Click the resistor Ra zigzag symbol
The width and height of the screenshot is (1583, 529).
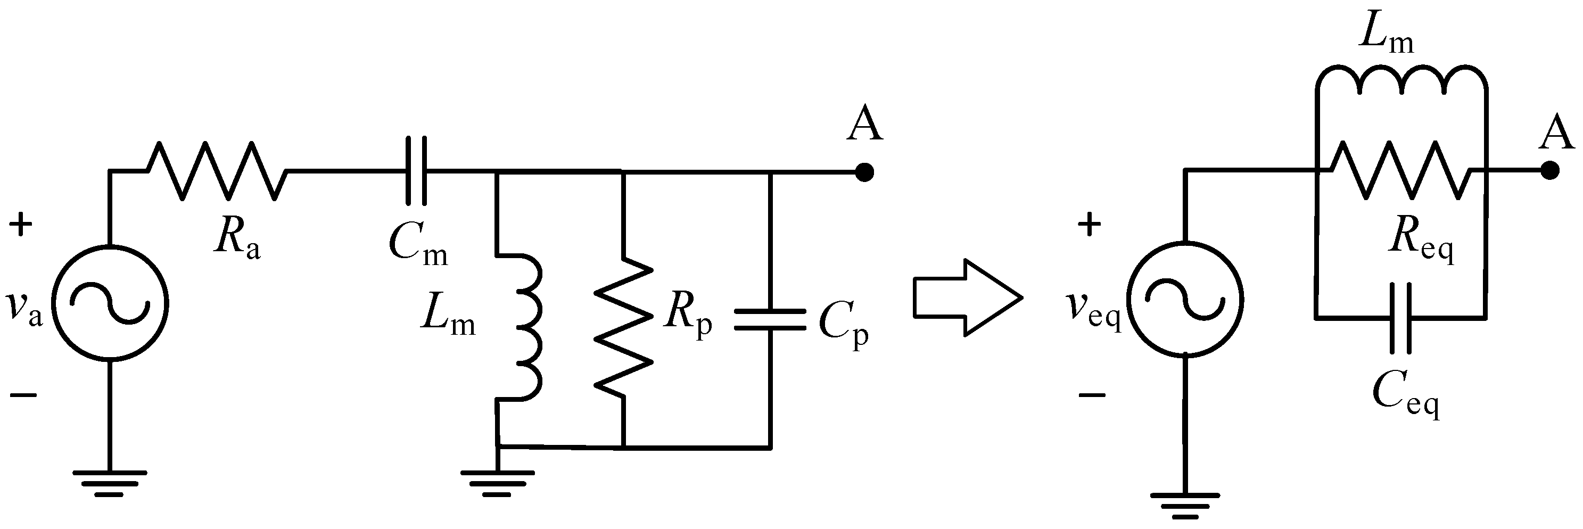216,171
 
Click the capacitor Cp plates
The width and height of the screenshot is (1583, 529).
769,320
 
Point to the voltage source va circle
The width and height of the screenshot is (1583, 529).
110,303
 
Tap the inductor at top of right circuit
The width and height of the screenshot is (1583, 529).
1401,80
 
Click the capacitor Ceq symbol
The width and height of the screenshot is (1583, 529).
1401,318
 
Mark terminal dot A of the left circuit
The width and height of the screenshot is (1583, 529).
864,172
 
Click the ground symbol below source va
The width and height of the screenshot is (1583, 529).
110,482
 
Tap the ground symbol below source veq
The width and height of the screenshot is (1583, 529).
1185,500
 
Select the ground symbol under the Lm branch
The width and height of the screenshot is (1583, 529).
498,482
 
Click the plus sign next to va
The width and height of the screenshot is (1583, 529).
21,225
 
